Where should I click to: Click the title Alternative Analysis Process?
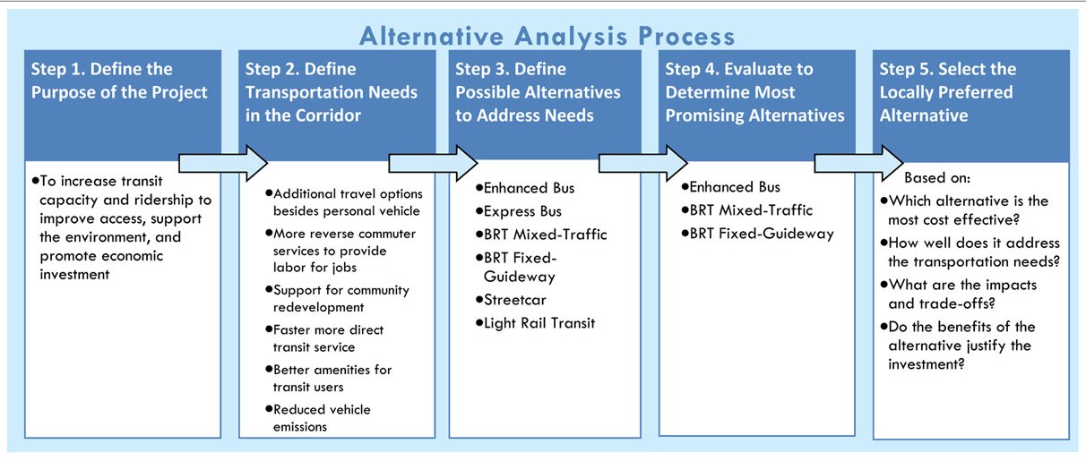pos(547,36)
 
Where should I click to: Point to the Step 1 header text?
pos(119,81)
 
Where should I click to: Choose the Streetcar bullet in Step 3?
pos(515,300)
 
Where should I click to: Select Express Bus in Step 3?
pos(523,211)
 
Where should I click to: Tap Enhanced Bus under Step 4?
pos(735,187)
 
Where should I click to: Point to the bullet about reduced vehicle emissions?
pos(322,418)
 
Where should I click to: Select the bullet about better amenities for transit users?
pos(332,378)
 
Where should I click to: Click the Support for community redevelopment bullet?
pos(340,298)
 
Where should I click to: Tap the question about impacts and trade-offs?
pos(961,293)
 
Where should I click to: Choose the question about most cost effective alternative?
pos(968,209)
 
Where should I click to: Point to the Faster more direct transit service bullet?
pos(328,338)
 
